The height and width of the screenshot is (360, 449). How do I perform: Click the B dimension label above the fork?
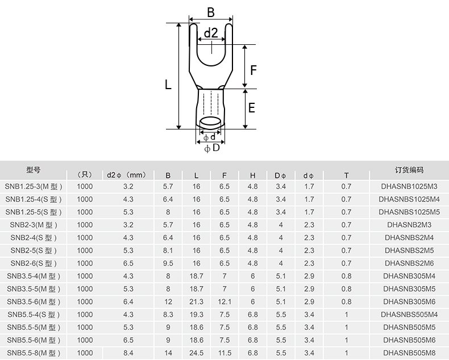click(211, 12)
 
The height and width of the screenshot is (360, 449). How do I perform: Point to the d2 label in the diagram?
click(211, 33)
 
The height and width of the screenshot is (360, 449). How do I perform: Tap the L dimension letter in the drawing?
click(168, 85)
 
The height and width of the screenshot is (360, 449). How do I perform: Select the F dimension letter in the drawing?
click(253, 70)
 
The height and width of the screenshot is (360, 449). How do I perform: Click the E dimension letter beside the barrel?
click(251, 108)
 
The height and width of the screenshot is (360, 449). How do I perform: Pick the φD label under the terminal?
click(212, 148)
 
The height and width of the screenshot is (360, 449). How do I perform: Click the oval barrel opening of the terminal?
click(211, 123)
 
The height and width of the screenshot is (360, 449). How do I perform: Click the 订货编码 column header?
click(409, 170)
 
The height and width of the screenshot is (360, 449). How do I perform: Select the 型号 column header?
click(34, 170)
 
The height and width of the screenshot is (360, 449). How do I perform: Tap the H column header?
click(252, 175)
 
